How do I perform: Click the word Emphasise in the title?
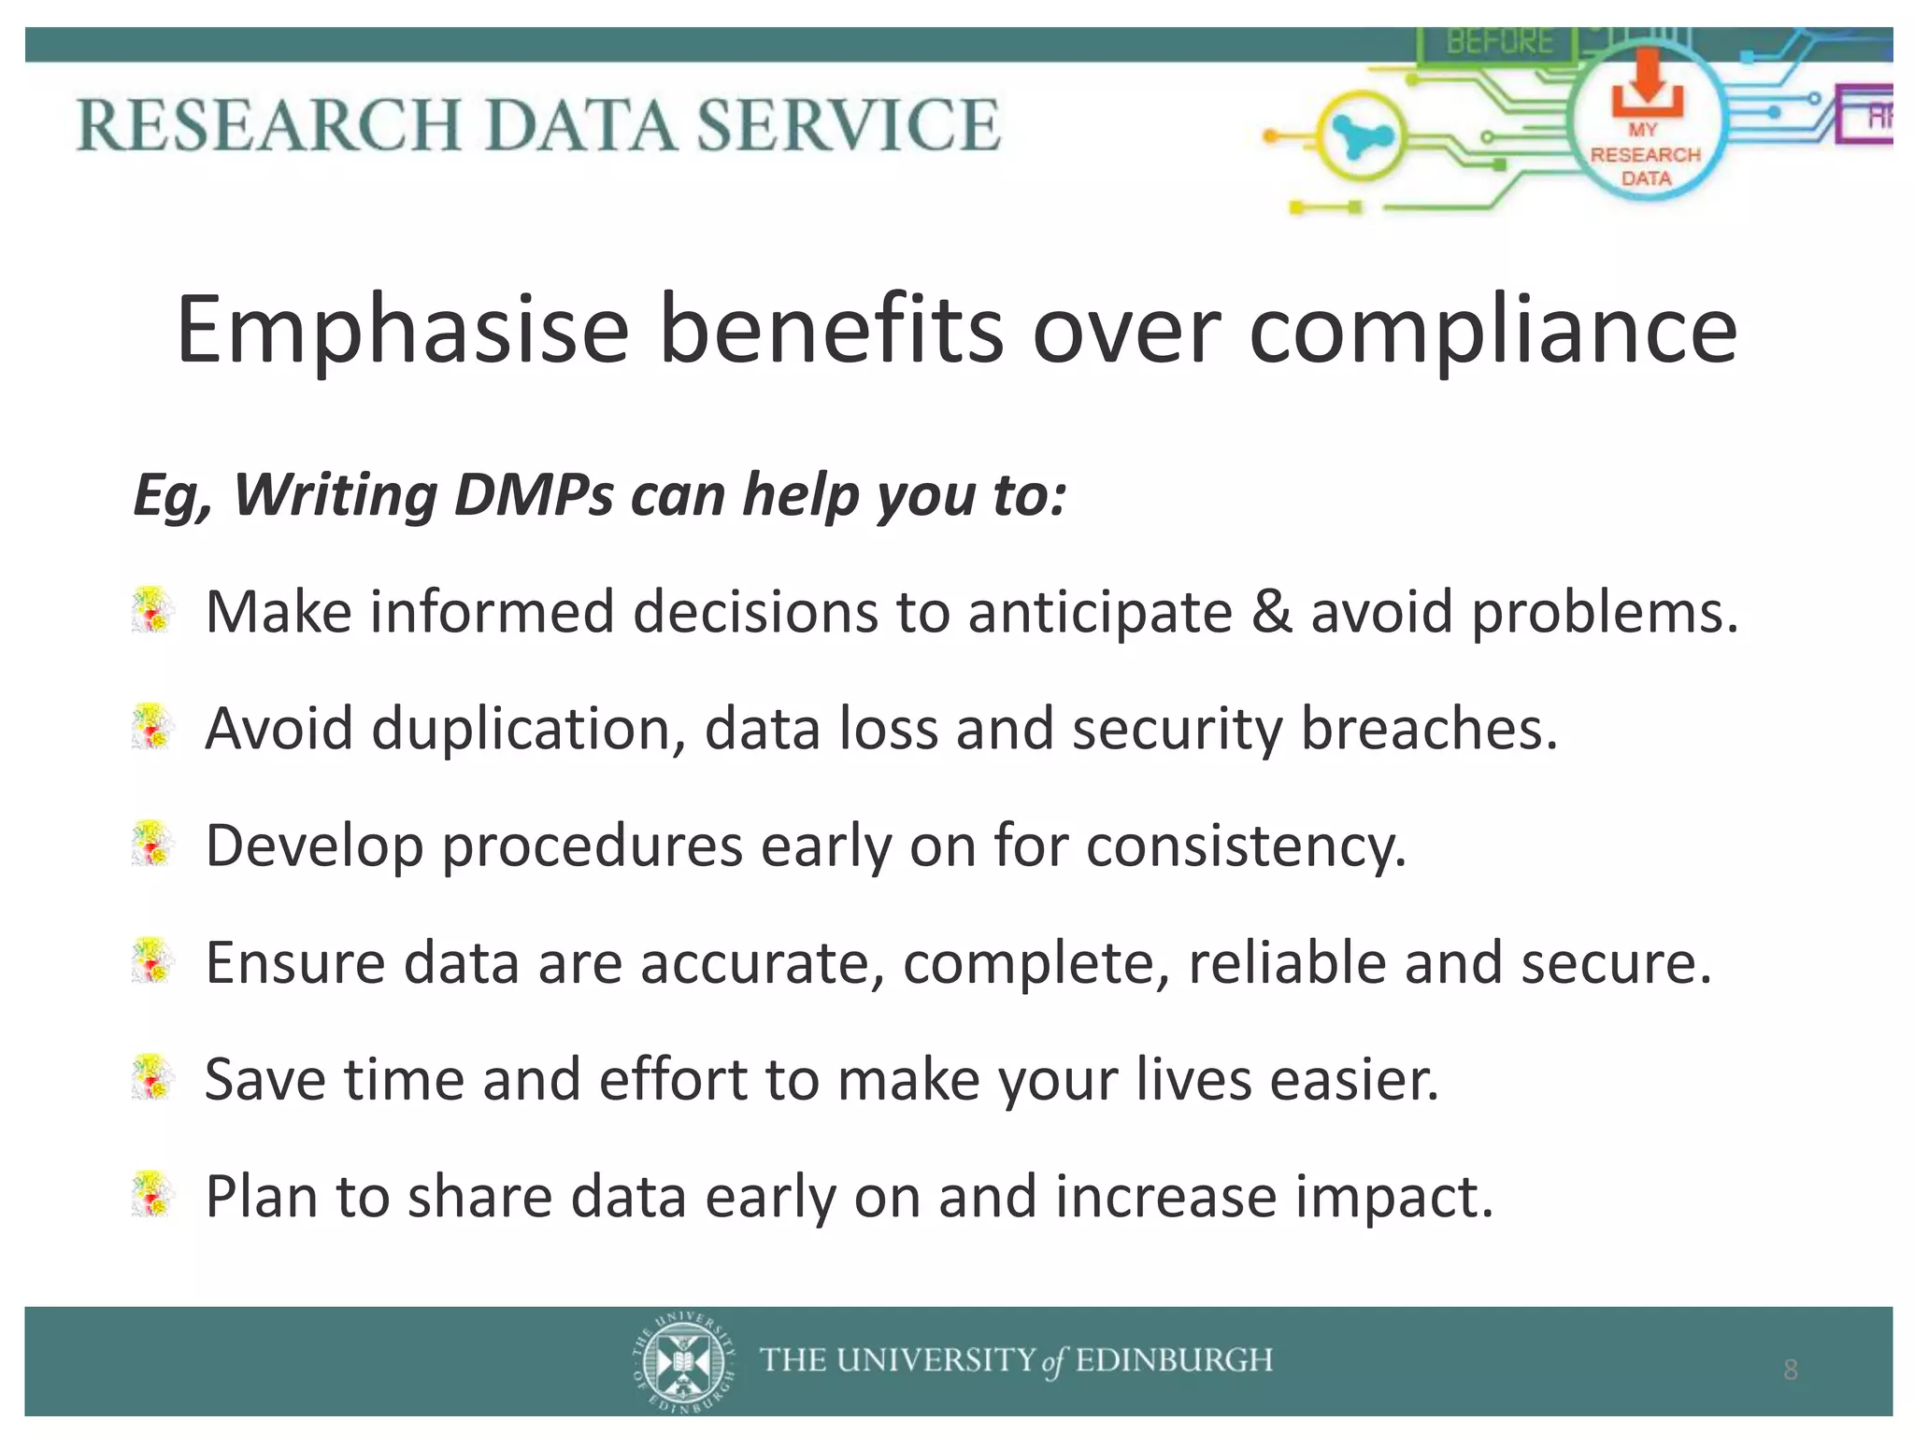point(403,330)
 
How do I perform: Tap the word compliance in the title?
point(1493,330)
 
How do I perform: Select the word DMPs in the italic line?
point(534,494)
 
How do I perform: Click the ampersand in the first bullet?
point(1271,612)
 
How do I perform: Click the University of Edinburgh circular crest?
point(683,1360)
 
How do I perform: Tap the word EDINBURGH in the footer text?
point(1174,1360)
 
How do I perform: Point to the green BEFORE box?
point(1499,43)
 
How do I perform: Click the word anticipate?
point(1100,612)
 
